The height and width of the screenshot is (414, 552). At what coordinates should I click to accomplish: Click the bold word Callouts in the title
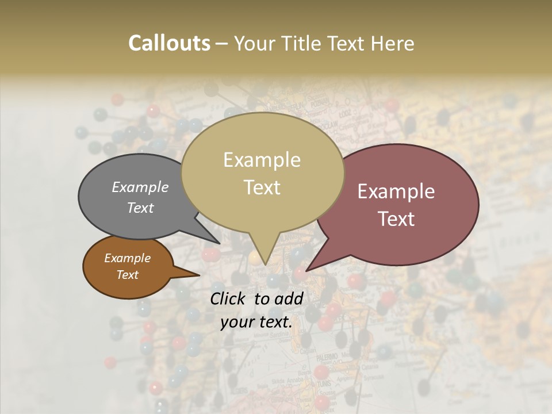169,43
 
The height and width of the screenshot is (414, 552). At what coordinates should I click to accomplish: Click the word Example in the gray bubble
140,187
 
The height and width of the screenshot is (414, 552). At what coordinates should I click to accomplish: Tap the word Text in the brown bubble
128,275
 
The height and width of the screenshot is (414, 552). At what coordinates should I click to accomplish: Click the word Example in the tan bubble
262,160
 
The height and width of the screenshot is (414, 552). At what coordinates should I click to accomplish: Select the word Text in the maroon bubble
396,218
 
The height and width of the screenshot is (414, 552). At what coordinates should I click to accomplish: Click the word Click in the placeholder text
229,298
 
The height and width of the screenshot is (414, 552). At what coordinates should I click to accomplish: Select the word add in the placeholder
290,298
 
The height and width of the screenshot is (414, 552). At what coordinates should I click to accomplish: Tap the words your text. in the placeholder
256,322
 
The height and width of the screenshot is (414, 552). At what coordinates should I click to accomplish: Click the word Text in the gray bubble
140,208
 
